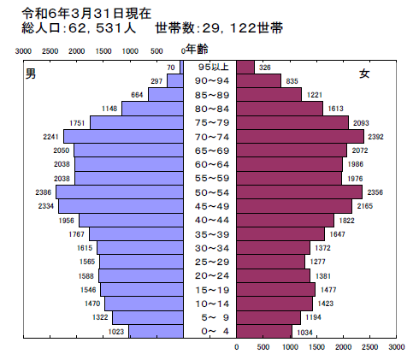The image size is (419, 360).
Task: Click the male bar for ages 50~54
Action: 121,192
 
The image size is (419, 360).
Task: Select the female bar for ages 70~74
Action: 300,136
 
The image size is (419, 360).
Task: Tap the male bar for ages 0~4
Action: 156,330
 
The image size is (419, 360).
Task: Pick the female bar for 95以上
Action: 245,67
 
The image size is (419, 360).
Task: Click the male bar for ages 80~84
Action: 153,109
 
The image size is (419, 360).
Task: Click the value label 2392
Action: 377,136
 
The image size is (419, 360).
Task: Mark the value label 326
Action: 265,67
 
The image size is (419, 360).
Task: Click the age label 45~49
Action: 212,205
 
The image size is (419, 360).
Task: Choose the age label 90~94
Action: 212,80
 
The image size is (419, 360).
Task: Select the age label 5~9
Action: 212,316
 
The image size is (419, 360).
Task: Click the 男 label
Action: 31,74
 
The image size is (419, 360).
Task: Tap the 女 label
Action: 364,74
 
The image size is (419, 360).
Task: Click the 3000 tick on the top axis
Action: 24,51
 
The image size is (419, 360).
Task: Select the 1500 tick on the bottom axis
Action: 316,348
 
